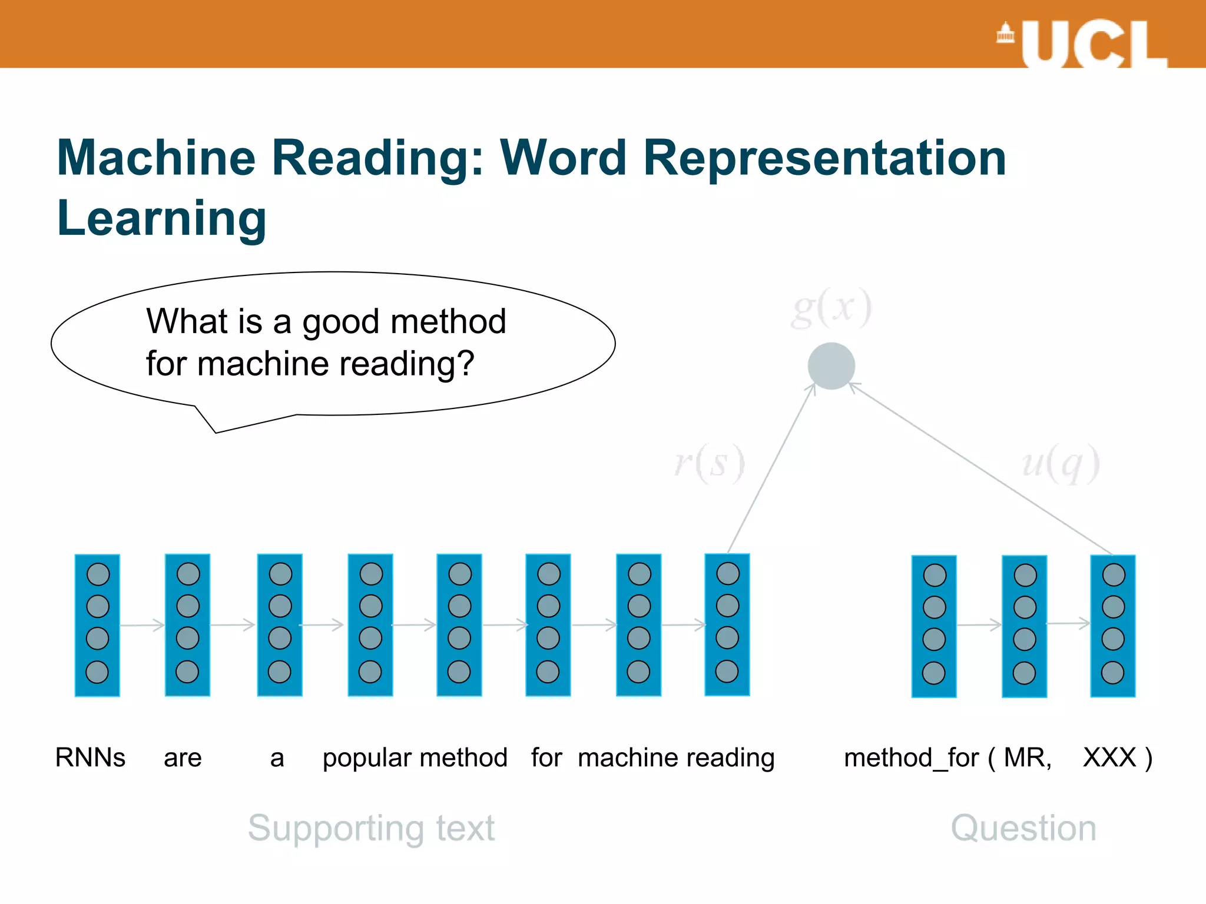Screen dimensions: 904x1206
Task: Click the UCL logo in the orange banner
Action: [x=1082, y=44]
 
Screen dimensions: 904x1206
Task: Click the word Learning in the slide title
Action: [x=162, y=219]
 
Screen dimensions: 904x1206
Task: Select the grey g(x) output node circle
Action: [x=831, y=366]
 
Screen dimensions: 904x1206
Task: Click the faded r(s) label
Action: [x=710, y=463]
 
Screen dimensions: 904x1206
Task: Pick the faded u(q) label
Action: [x=1061, y=463]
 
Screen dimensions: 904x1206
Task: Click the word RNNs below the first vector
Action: [x=90, y=757]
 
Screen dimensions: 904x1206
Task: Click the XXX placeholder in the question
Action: [x=1109, y=757]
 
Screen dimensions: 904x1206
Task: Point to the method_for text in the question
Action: [x=911, y=758]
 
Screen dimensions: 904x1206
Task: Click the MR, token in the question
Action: [x=1028, y=757]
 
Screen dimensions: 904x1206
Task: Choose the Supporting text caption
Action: [x=371, y=828]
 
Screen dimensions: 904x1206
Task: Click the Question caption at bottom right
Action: [x=1023, y=828]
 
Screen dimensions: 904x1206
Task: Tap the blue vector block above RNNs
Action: [x=97, y=625]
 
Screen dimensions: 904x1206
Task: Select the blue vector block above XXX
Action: [x=1112, y=626]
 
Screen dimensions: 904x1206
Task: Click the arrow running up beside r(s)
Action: [x=771, y=468]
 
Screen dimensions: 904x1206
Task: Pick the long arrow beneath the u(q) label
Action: [x=980, y=468]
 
